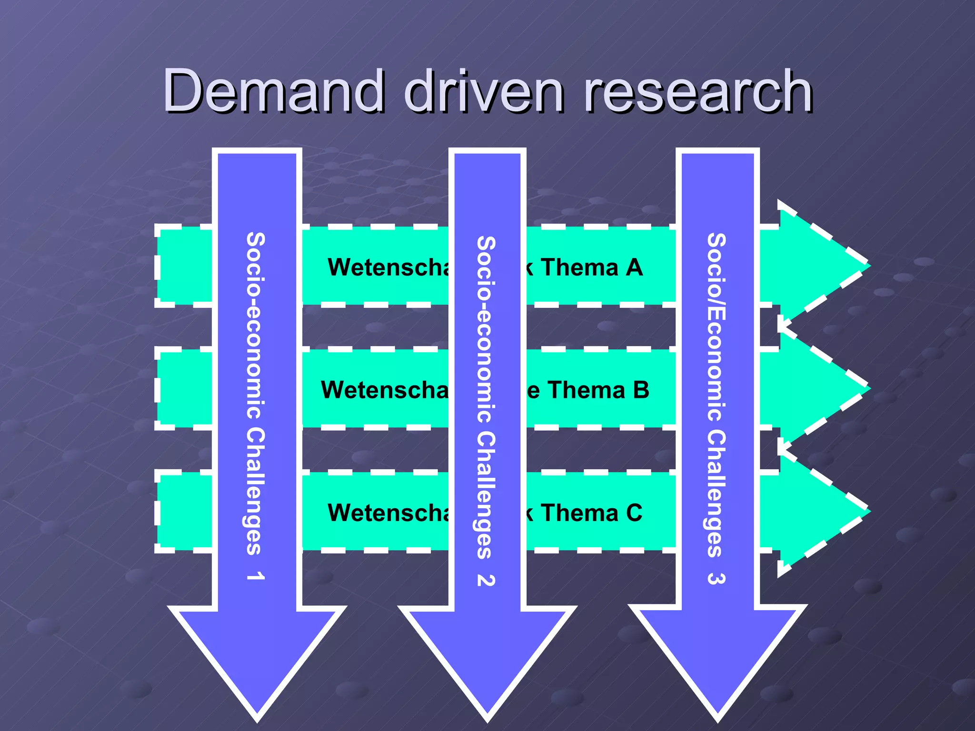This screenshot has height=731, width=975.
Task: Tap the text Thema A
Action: pos(591,267)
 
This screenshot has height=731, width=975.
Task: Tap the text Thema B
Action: pos(598,390)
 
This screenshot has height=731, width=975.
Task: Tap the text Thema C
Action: pos(591,513)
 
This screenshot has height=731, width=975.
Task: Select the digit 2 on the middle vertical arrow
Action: pos(486,580)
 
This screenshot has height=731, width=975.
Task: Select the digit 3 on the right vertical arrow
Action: pos(716,578)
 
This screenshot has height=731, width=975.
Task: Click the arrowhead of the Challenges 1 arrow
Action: pos(257,657)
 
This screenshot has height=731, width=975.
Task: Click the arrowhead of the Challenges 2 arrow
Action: pos(487,657)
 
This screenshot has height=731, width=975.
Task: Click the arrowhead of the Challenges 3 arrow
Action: pos(717,657)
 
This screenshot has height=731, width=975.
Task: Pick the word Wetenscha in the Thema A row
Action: pos(388,267)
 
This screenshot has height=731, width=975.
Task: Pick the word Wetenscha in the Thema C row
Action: pos(388,513)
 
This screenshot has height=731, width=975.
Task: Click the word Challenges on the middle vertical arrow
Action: pos(486,495)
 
